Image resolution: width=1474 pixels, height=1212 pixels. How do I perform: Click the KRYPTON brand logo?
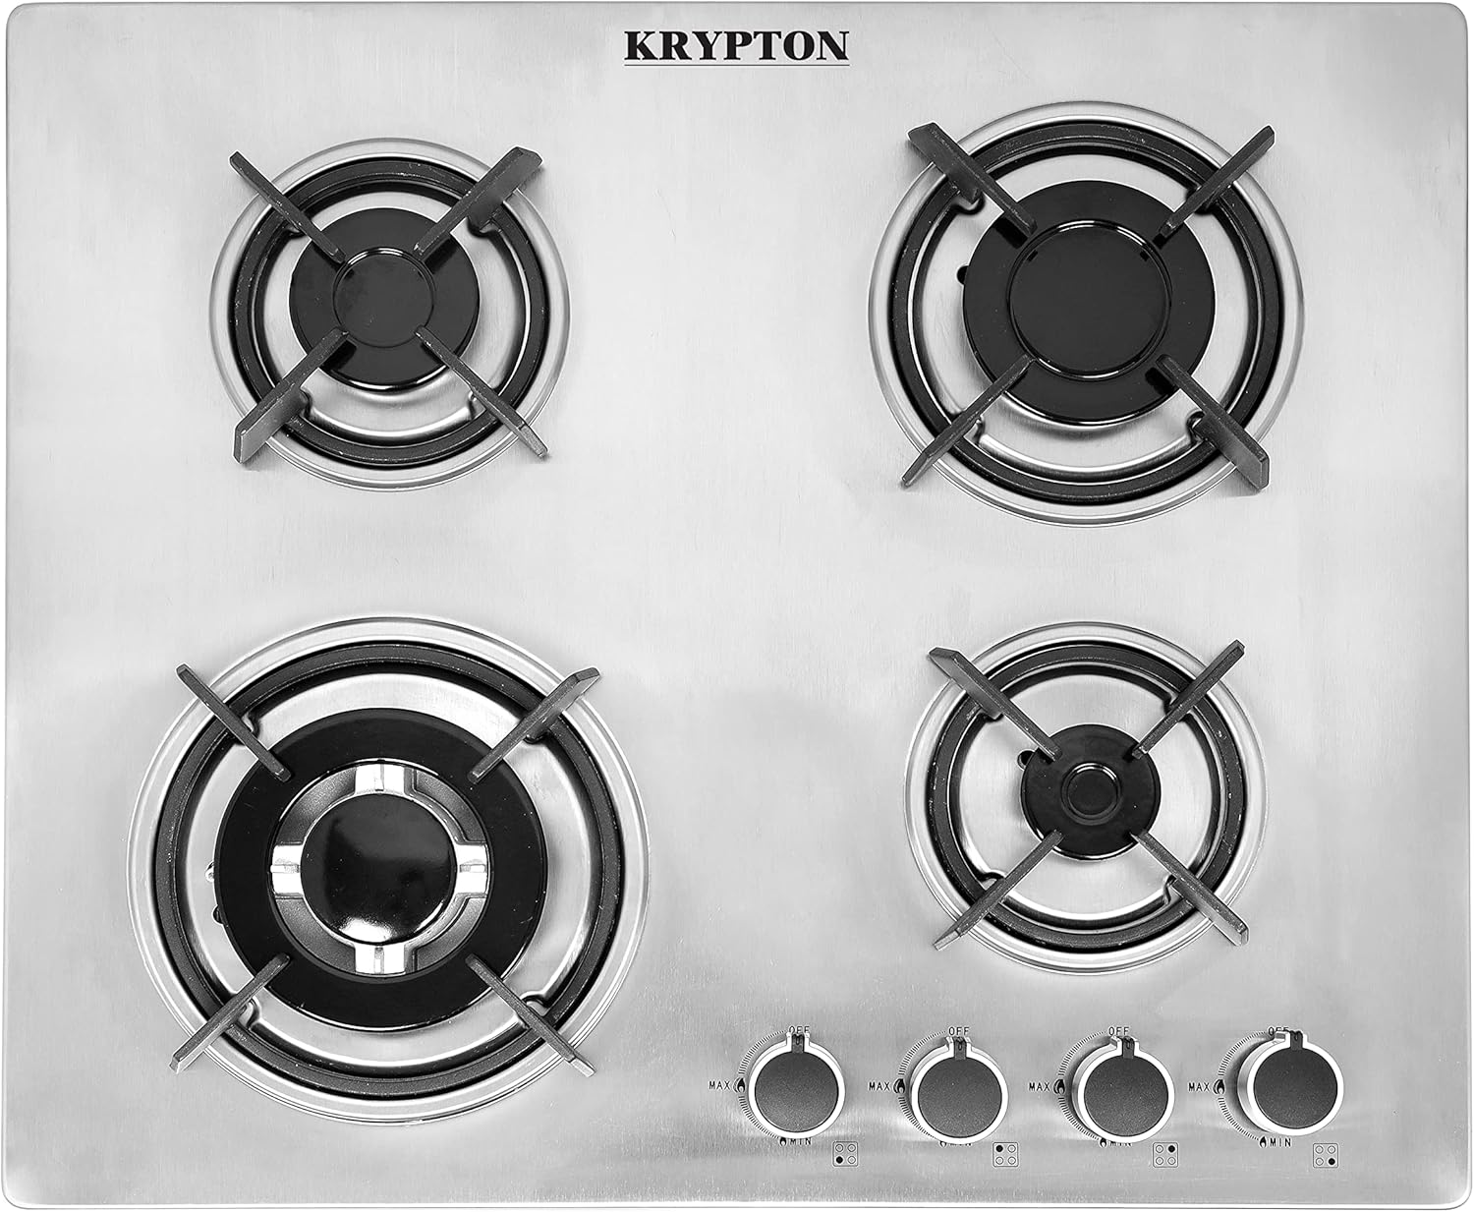click(x=737, y=45)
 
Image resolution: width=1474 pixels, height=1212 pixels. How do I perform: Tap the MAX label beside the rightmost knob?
click(x=1198, y=1086)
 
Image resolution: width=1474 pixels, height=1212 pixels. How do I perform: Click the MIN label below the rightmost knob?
click(x=1278, y=1142)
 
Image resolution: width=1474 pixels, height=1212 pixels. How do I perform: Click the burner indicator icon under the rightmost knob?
click(x=1326, y=1155)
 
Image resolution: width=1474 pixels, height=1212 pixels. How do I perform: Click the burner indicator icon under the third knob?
click(x=1164, y=1154)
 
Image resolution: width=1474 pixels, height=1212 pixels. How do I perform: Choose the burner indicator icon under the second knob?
click(x=1003, y=1154)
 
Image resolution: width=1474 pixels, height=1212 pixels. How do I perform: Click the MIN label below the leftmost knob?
click(x=797, y=1142)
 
